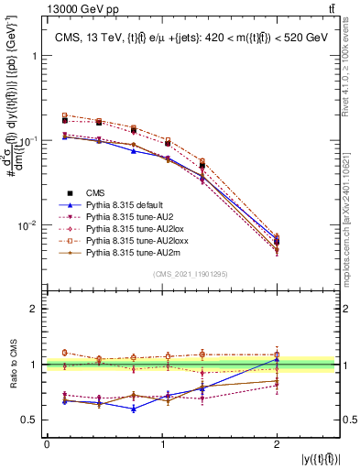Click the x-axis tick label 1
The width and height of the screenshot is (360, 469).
(163, 445)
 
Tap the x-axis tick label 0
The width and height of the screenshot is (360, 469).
(47, 445)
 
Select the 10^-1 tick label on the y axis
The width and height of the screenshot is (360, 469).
(30, 140)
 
